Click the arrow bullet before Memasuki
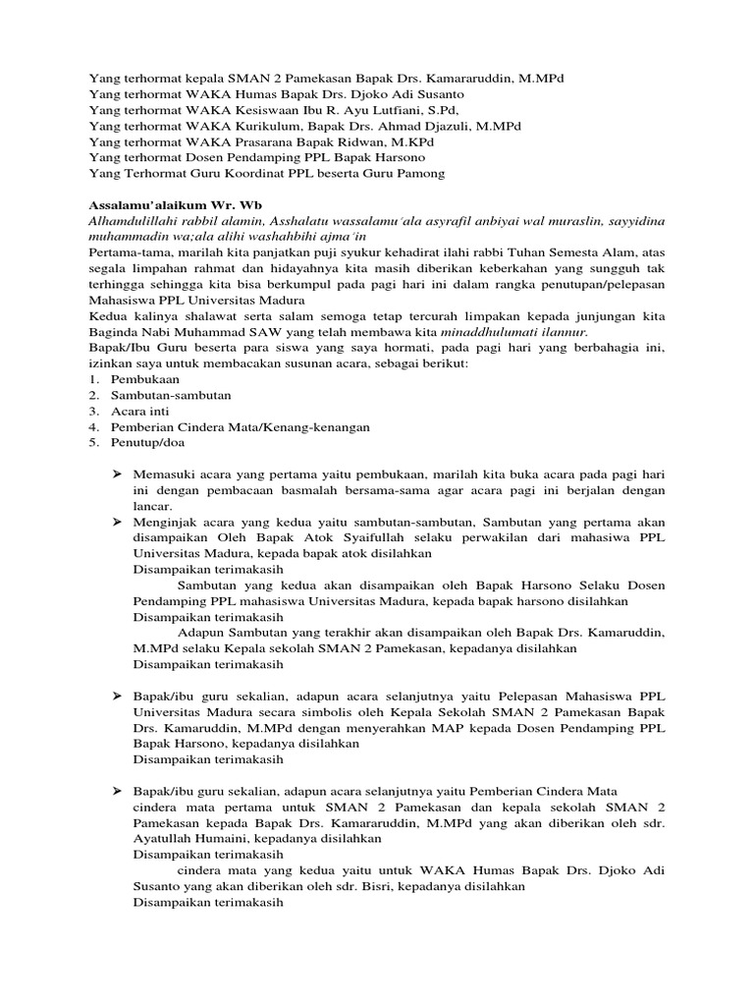(116, 475)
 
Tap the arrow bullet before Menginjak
(116, 522)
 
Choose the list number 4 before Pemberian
(93, 427)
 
